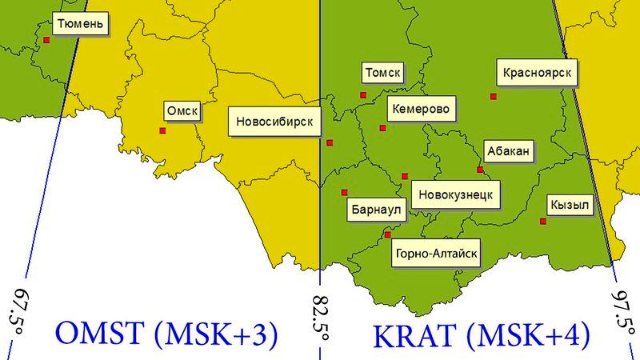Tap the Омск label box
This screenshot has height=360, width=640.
pos(182,111)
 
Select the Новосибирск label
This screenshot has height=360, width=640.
pos(275,123)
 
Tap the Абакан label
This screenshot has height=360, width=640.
pos(507,151)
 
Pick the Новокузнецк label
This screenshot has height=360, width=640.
pos(455,194)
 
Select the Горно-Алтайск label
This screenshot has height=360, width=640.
pos(437,254)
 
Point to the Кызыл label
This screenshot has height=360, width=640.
pos(570,206)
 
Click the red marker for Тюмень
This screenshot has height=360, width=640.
pos(47,39)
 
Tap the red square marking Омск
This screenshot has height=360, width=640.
pos(162,130)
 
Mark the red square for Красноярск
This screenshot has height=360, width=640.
pos(494,97)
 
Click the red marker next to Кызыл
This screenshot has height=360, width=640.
pos(544,221)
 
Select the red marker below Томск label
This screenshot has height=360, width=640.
pos(363,95)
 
